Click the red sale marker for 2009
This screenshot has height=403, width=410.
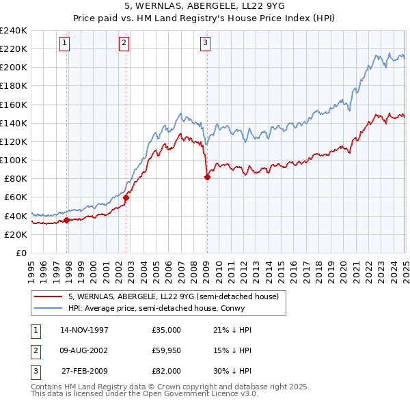(207, 177)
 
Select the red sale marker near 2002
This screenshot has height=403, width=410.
(126, 197)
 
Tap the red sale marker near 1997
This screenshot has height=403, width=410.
(67, 220)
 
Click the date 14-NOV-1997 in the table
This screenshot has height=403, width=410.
(84, 330)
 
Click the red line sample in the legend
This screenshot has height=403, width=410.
(48, 297)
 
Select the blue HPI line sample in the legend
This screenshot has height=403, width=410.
(48, 308)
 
